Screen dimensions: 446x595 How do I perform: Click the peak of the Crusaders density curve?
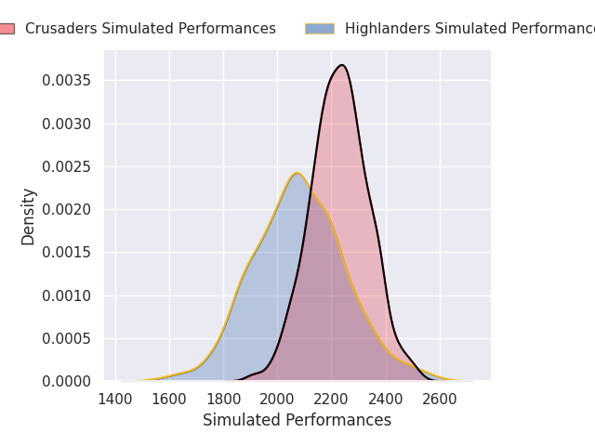click(341, 65)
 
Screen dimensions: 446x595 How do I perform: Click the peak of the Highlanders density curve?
click(297, 173)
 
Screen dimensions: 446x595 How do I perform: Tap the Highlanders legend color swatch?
click(319, 29)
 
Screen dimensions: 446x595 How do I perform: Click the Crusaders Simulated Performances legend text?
click(151, 29)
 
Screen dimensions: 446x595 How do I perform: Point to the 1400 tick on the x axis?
click(115, 399)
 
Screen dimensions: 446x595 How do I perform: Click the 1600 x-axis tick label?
click(169, 399)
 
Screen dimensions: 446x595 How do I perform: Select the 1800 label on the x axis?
click(223, 399)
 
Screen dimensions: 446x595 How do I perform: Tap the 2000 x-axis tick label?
click(277, 399)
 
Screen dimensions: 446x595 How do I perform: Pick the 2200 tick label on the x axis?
click(332, 399)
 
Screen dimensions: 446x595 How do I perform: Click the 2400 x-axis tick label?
click(386, 399)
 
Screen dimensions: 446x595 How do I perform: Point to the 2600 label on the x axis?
click(440, 399)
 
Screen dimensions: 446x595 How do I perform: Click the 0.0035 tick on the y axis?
click(67, 81)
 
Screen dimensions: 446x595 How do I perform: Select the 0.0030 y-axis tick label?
click(67, 124)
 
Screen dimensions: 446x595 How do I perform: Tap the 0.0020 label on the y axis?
click(67, 210)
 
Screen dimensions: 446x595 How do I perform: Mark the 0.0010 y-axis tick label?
click(67, 295)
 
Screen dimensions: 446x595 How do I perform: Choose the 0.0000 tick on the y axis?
click(67, 382)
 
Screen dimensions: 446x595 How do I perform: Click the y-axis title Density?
click(29, 216)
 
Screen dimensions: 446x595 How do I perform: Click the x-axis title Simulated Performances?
click(297, 421)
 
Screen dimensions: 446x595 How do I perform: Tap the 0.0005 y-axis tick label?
click(67, 338)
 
